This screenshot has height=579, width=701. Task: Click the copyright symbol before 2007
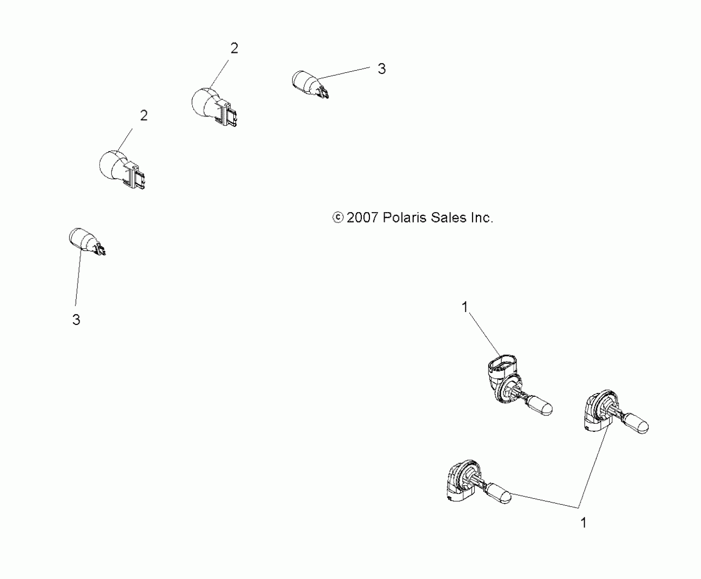(338, 218)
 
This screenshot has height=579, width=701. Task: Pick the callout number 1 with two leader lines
(583, 532)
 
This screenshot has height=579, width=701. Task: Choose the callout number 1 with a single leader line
(465, 307)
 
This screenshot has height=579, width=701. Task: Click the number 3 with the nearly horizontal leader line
(382, 69)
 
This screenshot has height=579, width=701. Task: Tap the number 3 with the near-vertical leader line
(76, 319)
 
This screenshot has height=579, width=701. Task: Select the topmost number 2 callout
(234, 49)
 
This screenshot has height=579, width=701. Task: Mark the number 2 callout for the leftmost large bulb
(144, 116)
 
